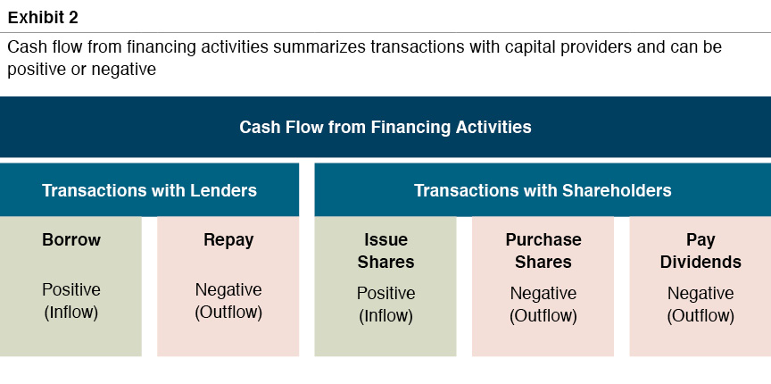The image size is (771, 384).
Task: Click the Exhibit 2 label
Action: point(43,17)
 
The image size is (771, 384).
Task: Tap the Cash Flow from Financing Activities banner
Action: point(385,127)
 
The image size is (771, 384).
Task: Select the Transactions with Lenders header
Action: point(149,190)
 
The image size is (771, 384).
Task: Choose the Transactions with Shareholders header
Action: point(543,190)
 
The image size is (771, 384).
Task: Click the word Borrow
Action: point(71,240)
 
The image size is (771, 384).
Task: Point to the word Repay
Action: point(228,240)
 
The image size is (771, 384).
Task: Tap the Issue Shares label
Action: point(385,251)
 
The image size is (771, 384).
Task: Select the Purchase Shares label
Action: point(543,251)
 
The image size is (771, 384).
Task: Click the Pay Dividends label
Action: point(701,251)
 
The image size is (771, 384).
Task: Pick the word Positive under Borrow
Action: point(71,290)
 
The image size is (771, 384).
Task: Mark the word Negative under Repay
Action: point(228,290)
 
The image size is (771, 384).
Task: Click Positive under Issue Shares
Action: point(385,294)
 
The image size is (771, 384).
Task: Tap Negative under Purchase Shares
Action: point(543,294)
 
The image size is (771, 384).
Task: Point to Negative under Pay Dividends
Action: point(701,294)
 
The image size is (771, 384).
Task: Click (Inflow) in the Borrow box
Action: point(71,313)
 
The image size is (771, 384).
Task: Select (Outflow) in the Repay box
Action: point(228,313)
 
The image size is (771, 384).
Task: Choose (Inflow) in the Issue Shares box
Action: point(385,316)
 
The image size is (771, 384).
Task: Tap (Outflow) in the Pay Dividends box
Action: point(701,316)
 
